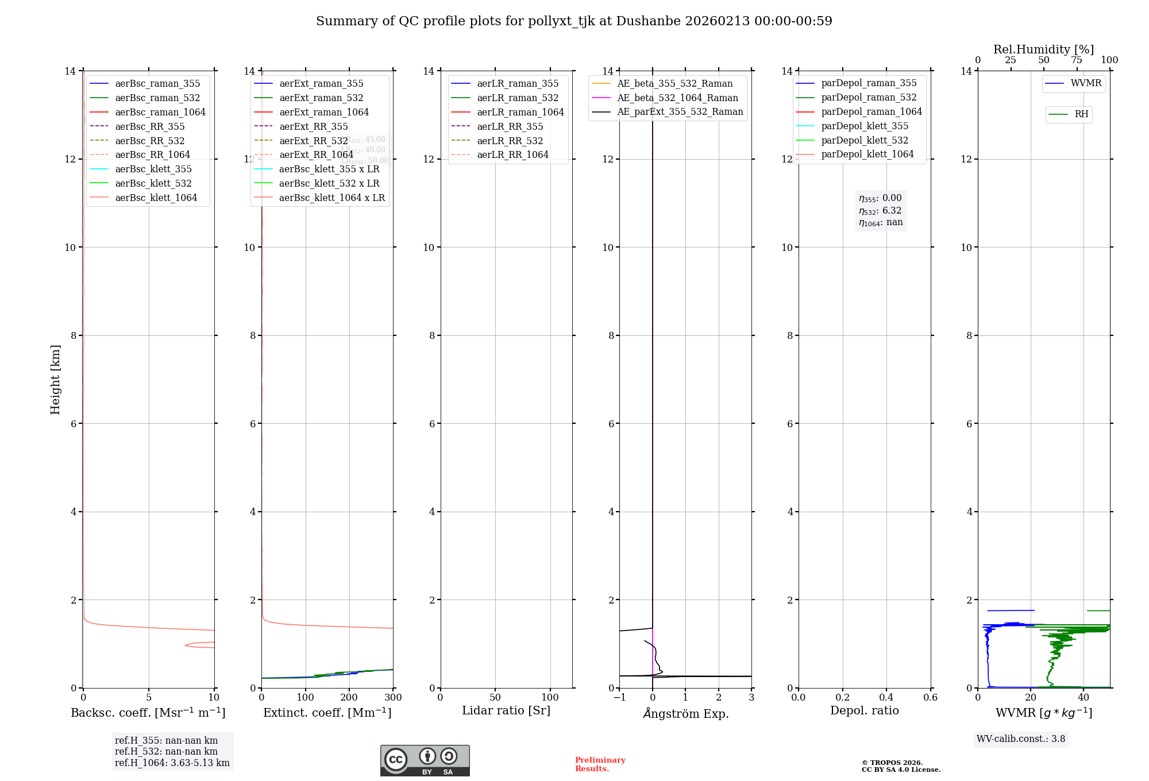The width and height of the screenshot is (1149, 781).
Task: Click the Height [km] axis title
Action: [55, 379]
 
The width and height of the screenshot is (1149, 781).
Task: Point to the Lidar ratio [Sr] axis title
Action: [506, 710]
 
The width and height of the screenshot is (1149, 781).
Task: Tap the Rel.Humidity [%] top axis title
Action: [1043, 49]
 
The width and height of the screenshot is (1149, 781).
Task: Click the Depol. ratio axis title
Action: [864, 710]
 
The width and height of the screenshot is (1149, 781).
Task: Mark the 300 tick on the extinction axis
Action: [394, 697]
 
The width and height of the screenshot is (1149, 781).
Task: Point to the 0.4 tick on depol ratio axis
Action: [886, 697]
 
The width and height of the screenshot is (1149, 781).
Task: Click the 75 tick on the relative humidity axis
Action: [1077, 60]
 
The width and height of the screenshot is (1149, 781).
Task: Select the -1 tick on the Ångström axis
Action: [619, 697]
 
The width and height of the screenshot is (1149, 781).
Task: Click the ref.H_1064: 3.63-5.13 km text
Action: [172, 763]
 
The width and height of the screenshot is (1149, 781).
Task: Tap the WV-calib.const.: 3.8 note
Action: [1020, 739]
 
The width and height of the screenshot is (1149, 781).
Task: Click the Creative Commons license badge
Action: [425, 760]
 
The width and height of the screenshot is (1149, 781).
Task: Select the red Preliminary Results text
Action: [600, 764]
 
